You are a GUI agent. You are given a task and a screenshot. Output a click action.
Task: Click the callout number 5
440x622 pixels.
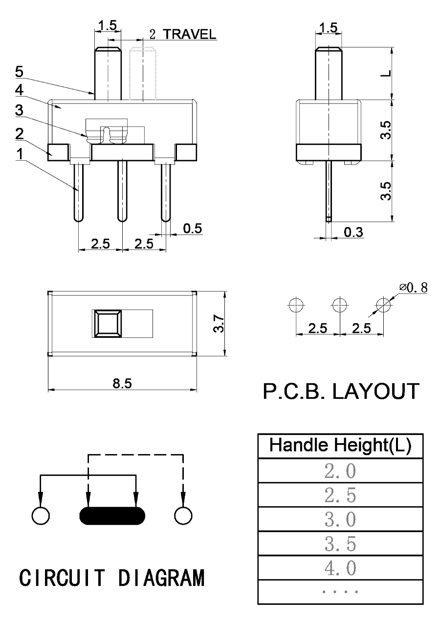click(19, 71)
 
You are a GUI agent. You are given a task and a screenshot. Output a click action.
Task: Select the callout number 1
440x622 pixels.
click(19, 154)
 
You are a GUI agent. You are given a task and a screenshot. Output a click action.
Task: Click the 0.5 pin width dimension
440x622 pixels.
click(192, 228)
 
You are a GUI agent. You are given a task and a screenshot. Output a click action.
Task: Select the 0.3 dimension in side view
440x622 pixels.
click(353, 232)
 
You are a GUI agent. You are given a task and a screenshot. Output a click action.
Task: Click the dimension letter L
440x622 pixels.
click(386, 73)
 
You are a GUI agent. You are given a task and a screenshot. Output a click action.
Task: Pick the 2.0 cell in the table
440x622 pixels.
click(340, 471)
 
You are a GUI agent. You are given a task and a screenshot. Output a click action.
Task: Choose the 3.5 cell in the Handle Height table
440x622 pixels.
click(340, 544)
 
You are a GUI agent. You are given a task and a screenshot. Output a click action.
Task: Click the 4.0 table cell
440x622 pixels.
click(340, 568)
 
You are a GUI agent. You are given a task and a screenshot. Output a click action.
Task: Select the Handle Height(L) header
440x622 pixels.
click(340, 446)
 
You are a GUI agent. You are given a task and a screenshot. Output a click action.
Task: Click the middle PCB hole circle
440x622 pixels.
click(338, 305)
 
